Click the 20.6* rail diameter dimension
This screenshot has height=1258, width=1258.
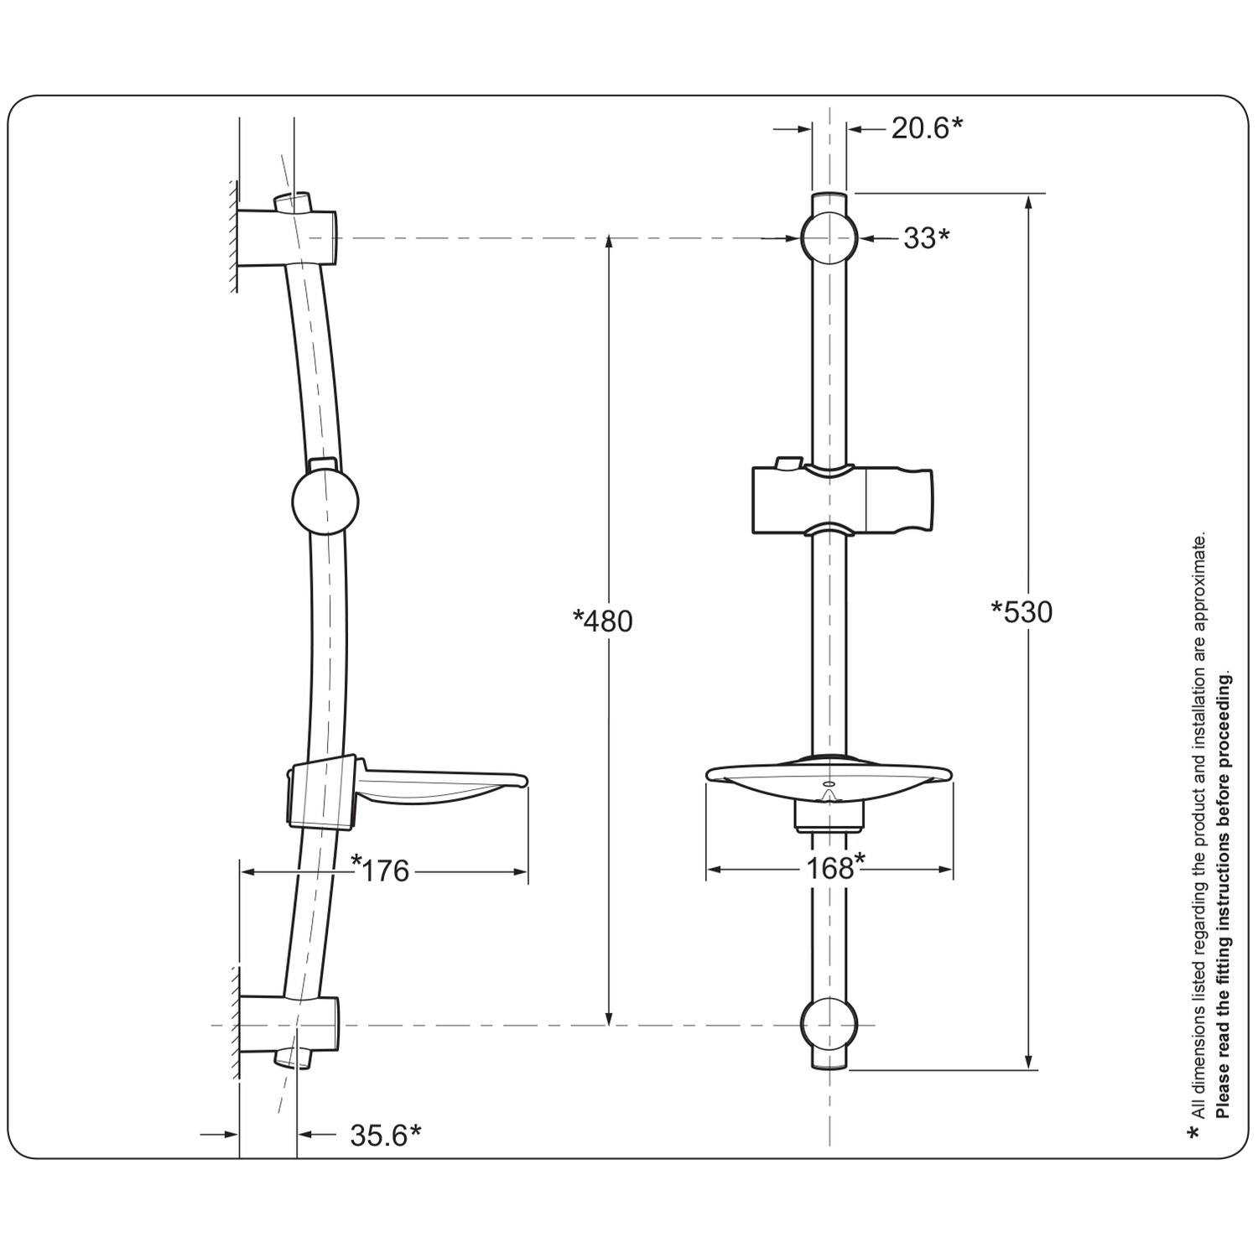926,128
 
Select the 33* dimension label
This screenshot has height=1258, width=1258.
926,238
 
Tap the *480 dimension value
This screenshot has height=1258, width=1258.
602,621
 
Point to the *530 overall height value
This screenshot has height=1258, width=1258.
1021,612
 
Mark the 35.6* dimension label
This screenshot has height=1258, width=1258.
385,1135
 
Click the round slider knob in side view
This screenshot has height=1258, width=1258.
325,502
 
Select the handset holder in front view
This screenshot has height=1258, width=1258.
842,501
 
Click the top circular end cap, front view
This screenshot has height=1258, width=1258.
829,237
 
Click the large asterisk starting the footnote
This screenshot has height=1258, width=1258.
1193,1134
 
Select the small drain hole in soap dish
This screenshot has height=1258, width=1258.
829,784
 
